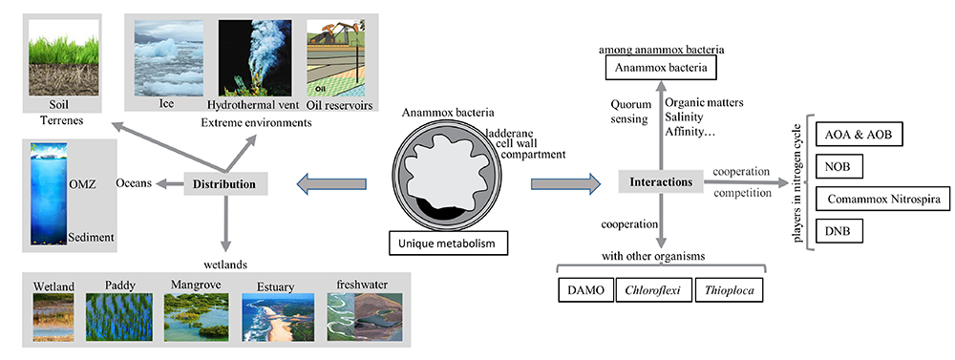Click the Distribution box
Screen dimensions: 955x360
(225, 184)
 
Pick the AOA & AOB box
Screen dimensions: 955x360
(859, 135)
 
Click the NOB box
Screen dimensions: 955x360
(838, 167)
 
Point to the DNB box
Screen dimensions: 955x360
(838, 231)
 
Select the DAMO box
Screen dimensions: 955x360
(585, 290)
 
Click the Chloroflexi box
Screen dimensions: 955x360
(655, 290)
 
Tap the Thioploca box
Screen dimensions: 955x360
(730, 290)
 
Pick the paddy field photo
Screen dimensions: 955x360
(118, 317)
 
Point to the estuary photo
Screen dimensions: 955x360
(278, 317)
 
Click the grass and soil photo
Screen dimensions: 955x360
(63, 57)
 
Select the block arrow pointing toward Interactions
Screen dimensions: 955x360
(565, 182)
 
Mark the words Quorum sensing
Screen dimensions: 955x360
(629, 111)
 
